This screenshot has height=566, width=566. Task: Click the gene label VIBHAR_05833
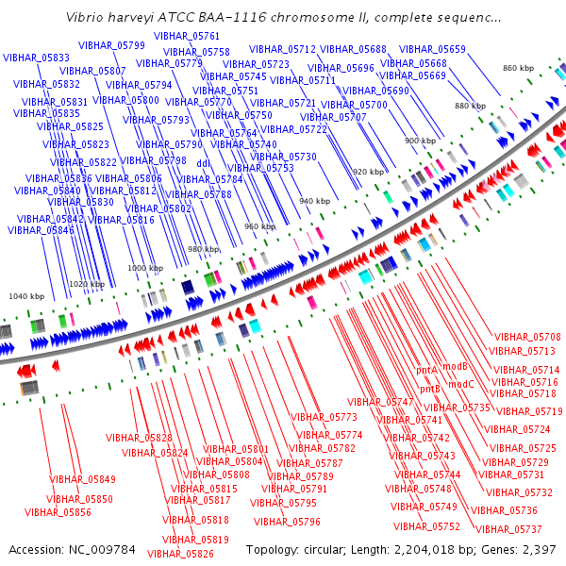point(36,58)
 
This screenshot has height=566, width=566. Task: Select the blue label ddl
point(203,163)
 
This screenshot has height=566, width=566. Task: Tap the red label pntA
point(426,371)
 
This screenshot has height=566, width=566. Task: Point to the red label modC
point(461,385)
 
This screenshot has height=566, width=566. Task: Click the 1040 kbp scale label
point(26,296)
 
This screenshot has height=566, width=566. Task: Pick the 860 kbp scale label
point(518,68)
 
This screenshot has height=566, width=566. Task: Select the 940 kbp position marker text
point(315,201)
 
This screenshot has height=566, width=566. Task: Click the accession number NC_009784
point(102,550)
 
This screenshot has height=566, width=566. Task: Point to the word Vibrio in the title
point(78,17)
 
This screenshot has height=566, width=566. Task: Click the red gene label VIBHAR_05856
point(58,512)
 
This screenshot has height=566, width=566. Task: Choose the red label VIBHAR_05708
point(527,337)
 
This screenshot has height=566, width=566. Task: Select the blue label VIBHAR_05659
point(432,49)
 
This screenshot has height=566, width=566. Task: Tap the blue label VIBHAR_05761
point(187,36)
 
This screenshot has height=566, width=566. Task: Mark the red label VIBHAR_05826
point(180,554)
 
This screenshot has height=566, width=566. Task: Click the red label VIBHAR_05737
point(508,529)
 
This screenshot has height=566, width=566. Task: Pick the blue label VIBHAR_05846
point(41,230)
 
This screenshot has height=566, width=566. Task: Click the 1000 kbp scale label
point(145,268)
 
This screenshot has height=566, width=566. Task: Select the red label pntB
point(430,389)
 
